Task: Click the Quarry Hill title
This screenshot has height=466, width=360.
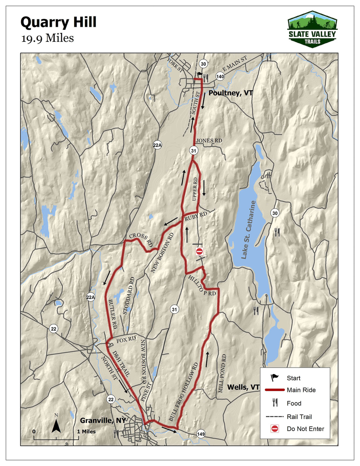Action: tap(59, 22)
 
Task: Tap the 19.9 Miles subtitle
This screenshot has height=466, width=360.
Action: tap(47, 38)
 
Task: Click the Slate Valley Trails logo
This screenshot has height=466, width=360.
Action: tap(313, 29)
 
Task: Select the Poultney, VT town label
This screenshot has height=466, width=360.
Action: tap(230, 93)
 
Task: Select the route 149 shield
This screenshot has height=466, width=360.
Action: tap(201, 435)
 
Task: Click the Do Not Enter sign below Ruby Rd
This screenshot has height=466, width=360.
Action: tap(199, 251)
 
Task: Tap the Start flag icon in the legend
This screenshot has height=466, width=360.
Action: tap(275, 378)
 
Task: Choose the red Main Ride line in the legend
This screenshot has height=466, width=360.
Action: tap(275, 390)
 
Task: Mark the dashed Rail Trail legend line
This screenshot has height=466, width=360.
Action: tap(275, 416)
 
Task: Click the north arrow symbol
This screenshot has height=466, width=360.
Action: tap(56, 425)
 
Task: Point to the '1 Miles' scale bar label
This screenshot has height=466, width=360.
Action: tap(87, 431)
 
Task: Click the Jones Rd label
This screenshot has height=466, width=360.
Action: tap(209, 141)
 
